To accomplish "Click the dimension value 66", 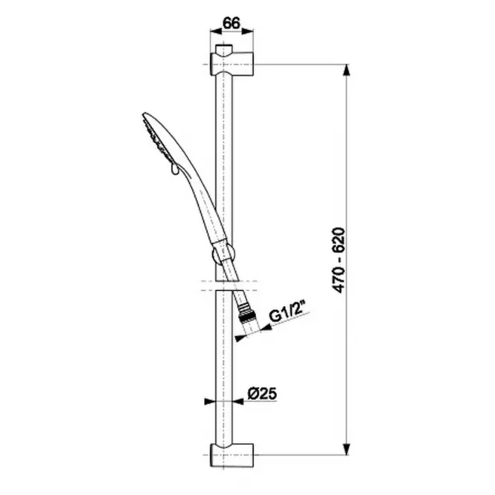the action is tap(231, 23).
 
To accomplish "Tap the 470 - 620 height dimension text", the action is tap(339, 260).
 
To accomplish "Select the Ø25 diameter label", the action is tap(262, 394).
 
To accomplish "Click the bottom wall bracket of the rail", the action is tap(231, 455).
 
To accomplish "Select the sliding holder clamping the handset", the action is tap(223, 253).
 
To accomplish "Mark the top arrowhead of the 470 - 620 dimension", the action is tap(347, 70).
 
